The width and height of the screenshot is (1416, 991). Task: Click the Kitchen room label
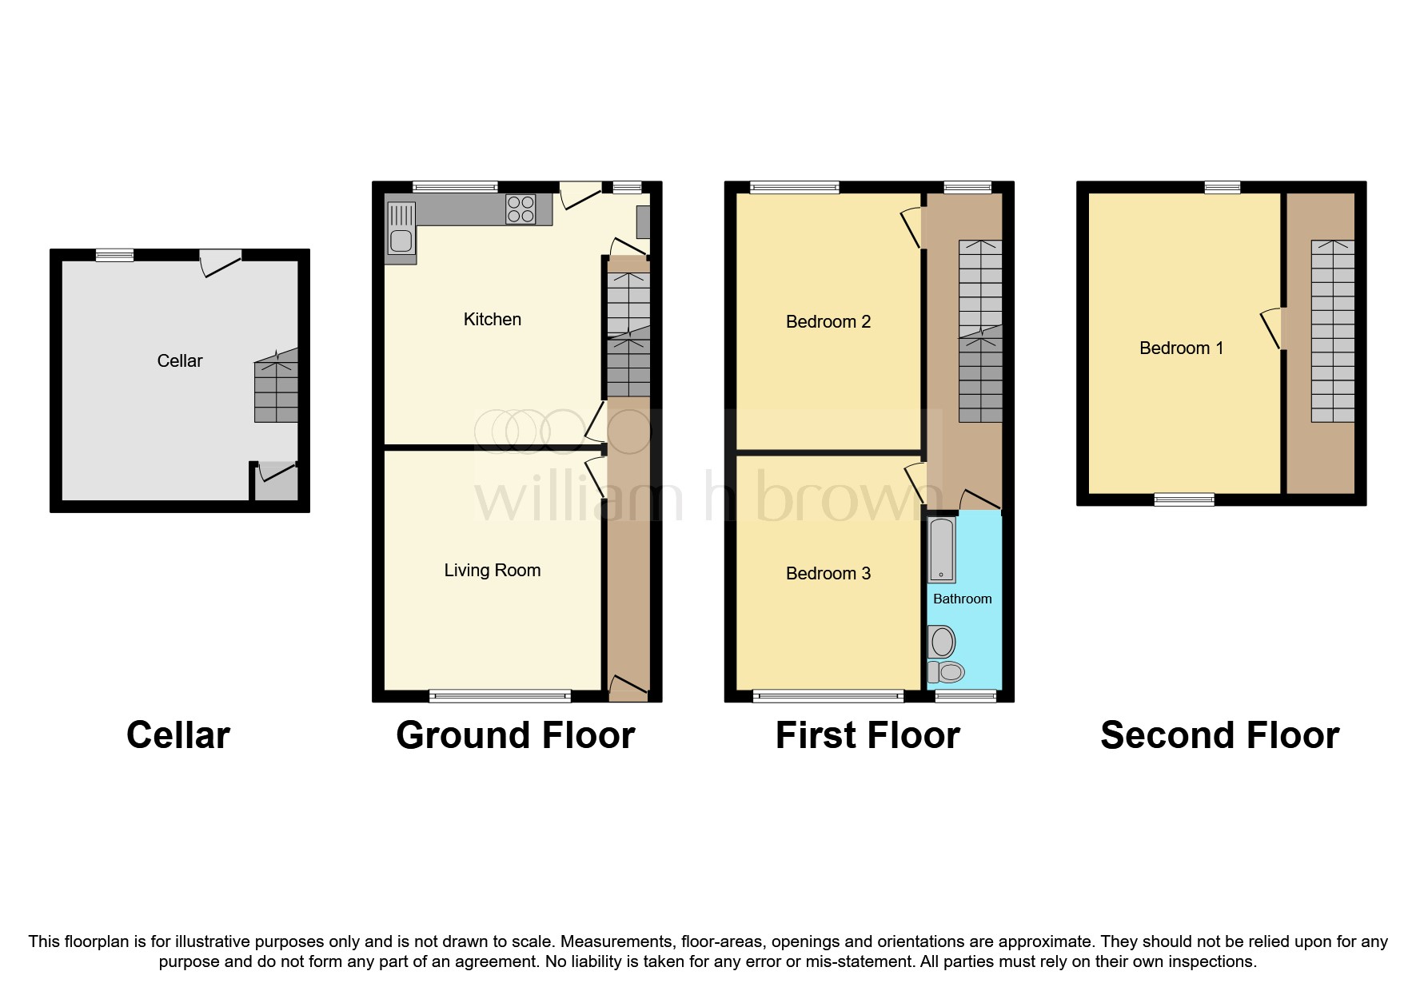[492, 320]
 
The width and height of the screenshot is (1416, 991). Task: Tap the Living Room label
[492, 571]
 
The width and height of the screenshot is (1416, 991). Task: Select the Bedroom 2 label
[828, 322]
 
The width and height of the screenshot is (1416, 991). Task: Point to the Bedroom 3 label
[828, 574]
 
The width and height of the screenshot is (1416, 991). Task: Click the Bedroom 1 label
[1181, 348]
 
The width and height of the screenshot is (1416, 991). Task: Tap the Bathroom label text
[962, 599]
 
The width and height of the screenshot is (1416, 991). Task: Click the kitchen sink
[400, 232]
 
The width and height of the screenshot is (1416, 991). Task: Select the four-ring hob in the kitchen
[521, 209]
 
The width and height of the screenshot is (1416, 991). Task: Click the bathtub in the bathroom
[942, 550]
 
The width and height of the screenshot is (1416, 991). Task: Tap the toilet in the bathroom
[946, 672]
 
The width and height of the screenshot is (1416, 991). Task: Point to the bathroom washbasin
[943, 642]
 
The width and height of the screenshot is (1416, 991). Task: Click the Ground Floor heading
[515, 735]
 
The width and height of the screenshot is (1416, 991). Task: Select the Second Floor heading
[1219, 735]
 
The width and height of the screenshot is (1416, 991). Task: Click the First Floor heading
[868, 735]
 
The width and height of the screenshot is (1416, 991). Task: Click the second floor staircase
[1332, 332]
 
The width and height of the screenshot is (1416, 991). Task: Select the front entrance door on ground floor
[628, 687]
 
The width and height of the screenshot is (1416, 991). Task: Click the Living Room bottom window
[500, 696]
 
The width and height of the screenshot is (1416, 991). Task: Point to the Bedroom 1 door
[1272, 328]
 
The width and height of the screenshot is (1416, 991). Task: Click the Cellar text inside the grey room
[180, 361]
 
